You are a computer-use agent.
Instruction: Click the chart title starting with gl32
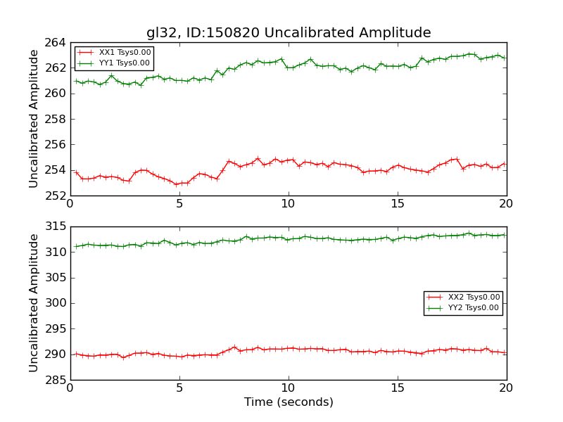[x=289, y=32]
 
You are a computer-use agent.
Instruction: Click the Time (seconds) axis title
[x=289, y=402]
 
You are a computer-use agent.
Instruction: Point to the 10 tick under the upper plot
[x=289, y=204]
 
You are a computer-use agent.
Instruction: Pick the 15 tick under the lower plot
[x=398, y=388]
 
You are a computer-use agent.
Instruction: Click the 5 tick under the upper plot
[x=179, y=204]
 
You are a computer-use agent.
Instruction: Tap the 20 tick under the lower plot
[x=506, y=388]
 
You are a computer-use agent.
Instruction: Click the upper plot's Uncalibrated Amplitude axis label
[x=34, y=118]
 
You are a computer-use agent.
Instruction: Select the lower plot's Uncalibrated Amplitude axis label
[x=34, y=303]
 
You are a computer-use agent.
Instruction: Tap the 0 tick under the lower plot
[x=70, y=388]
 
